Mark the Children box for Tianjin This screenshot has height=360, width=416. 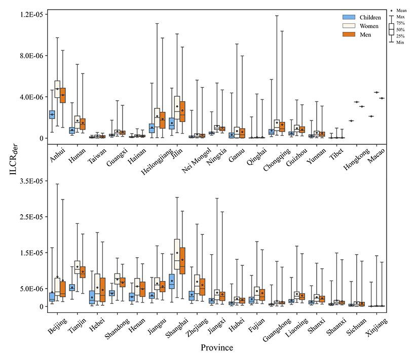click(x=72, y=287)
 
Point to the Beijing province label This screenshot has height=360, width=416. click(x=57, y=323)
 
